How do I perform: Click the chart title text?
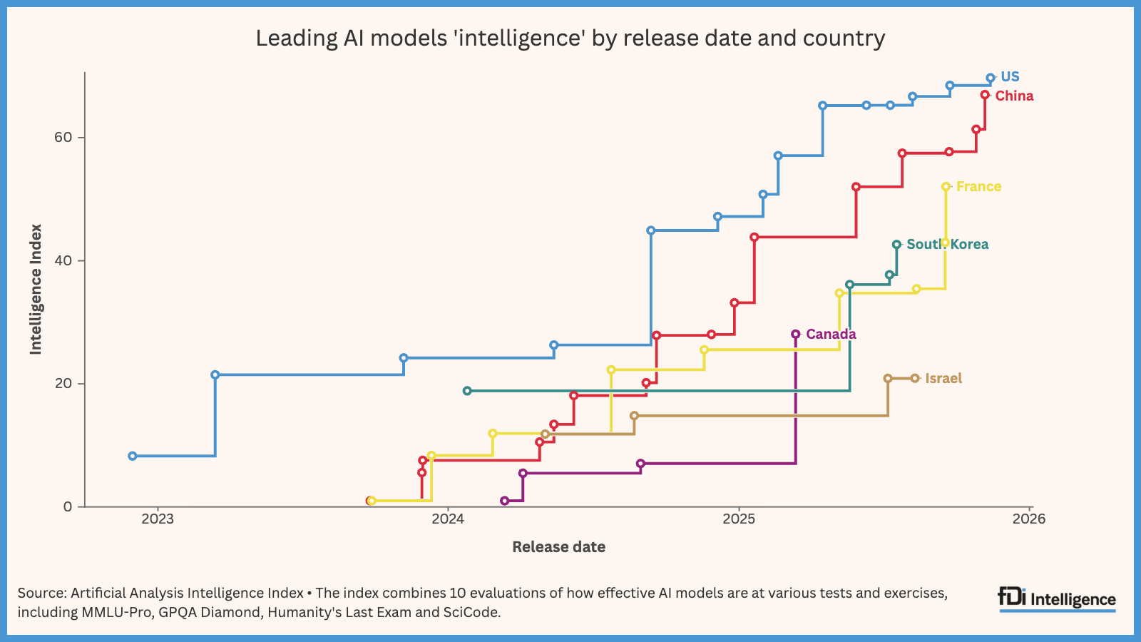tap(570, 38)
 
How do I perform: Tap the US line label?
tap(1010, 77)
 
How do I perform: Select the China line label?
tap(1014, 96)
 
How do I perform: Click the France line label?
tap(978, 187)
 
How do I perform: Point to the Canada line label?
tap(831, 335)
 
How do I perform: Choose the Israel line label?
tap(943, 379)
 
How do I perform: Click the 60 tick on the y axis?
tap(63, 137)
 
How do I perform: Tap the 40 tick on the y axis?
tap(63, 260)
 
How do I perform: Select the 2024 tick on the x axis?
tap(448, 519)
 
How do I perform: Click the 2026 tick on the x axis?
tap(1029, 519)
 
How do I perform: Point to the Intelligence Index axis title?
tap(36, 289)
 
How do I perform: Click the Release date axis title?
tap(558, 547)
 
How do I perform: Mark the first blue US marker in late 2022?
tap(133, 456)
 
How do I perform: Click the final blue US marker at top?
tap(991, 78)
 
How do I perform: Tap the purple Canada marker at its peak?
tap(796, 334)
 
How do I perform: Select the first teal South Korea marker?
tap(467, 391)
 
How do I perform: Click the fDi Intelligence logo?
tap(1057, 599)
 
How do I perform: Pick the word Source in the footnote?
tap(41, 593)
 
